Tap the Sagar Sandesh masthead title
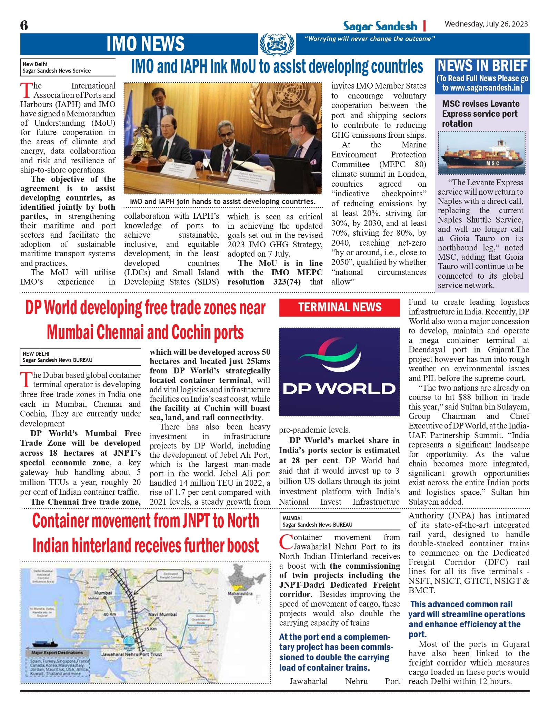[380, 26]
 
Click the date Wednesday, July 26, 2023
[486, 24]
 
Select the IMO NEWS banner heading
[145, 44]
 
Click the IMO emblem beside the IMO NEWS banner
[277, 44]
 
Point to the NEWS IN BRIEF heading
[482, 66]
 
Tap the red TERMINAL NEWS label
[340, 307]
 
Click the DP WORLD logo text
[339, 389]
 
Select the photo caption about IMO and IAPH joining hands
[222, 202]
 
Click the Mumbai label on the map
[103, 593]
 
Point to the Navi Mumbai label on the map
[162, 614]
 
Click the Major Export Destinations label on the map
[57, 652]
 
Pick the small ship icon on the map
[46, 643]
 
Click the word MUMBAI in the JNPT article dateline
[292, 518]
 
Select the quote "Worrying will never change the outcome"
[369, 39]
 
